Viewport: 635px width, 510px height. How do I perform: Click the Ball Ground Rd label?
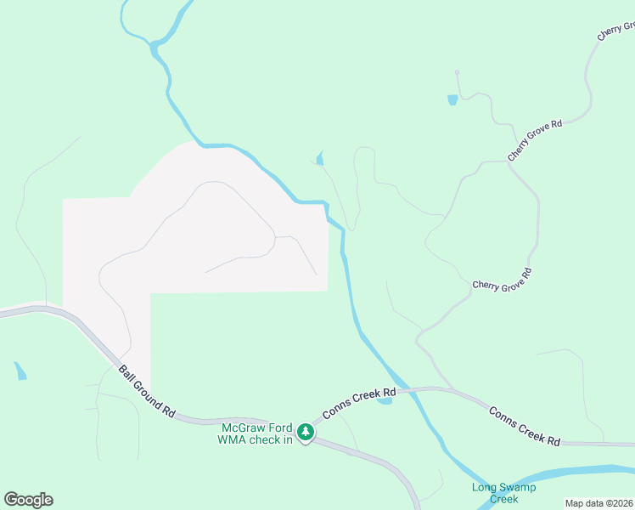point(147,391)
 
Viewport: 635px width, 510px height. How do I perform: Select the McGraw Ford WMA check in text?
point(256,433)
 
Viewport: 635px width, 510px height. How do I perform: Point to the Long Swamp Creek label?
point(495,493)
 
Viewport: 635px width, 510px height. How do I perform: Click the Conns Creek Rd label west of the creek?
point(359,404)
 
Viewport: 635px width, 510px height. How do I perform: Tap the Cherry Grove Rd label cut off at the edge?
point(616,31)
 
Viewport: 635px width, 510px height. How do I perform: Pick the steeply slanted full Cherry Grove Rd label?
point(535,140)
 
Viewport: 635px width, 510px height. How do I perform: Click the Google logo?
point(28,500)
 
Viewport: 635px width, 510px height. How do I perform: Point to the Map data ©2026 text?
point(599,503)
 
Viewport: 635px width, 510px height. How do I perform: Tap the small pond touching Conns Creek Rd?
point(385,400)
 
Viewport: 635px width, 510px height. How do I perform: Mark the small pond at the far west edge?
point(20,371)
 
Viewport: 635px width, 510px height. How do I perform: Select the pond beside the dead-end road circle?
point(452,100)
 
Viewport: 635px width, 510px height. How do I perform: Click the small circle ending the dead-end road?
point(457,72)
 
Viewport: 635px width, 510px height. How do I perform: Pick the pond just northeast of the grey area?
point(320,158)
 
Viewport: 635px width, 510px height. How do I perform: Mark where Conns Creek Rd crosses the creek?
point(412,389)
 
